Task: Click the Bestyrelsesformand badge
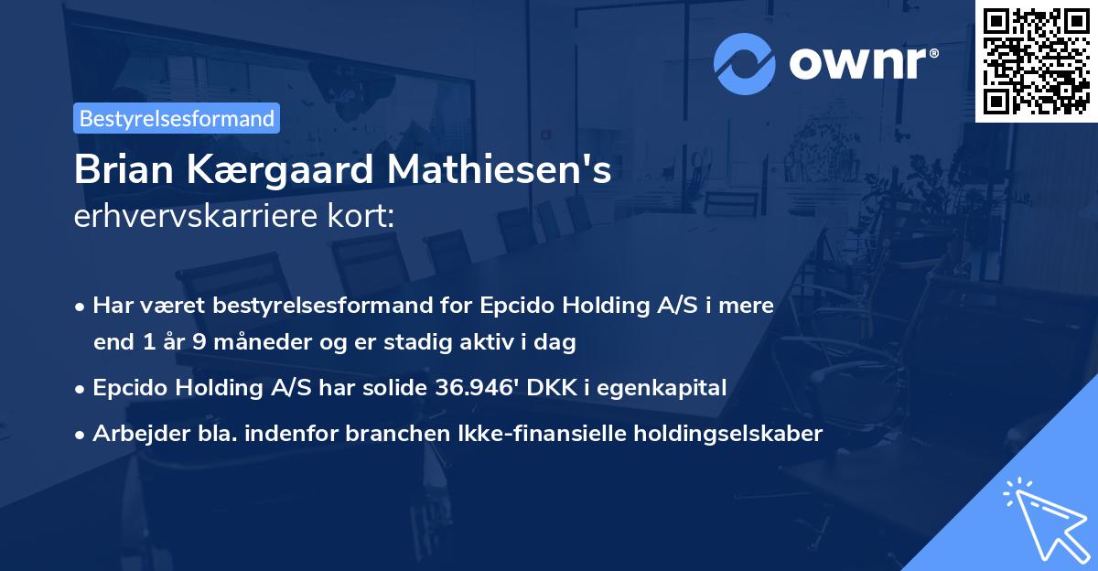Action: (177, 118)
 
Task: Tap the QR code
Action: (1037, 60)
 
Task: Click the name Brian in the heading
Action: (116, 170)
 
